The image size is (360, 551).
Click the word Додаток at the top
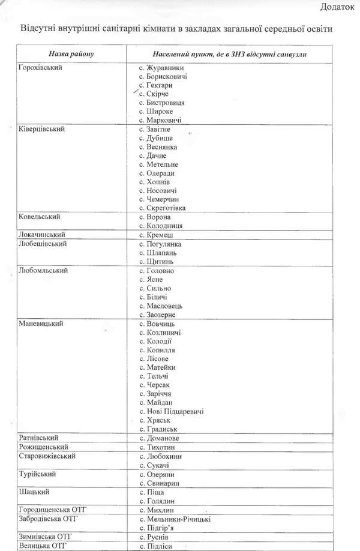[337, 7]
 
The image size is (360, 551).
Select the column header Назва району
[72, 54]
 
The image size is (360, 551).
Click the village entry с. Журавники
[161, 68]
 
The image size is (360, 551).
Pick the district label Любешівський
[42, 244]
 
